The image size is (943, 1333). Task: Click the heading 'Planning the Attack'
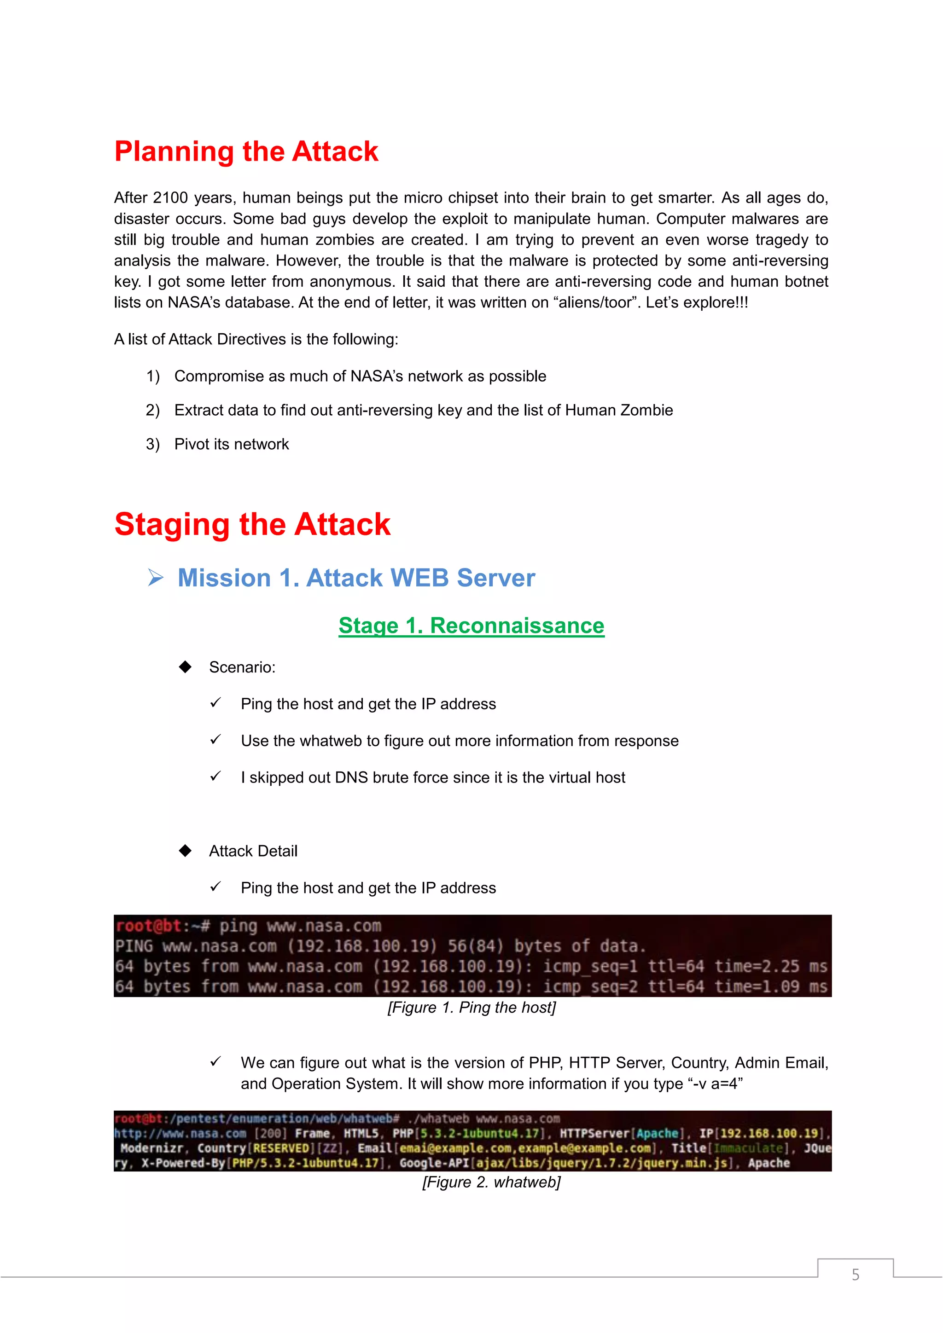click(246, 151)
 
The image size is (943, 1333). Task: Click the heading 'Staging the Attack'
click(253, 524)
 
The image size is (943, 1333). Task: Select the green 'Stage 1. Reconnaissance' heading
click(471, 626)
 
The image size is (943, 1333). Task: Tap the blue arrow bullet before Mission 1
click(156, 578)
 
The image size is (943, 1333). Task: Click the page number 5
click(856, 1275)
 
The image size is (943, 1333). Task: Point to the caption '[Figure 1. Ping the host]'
click(471, 1008)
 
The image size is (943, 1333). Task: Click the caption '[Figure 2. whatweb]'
click(491, 1182)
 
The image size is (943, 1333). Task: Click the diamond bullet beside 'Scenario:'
click(185, 667)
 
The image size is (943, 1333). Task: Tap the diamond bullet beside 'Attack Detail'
click(185, 851)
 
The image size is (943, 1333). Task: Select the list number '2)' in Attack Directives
click(153, 411)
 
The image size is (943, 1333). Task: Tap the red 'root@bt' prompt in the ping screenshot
click(148, 926)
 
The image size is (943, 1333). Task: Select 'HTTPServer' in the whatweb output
click(594, 1133)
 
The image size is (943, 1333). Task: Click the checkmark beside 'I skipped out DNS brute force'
click(215, 777)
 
